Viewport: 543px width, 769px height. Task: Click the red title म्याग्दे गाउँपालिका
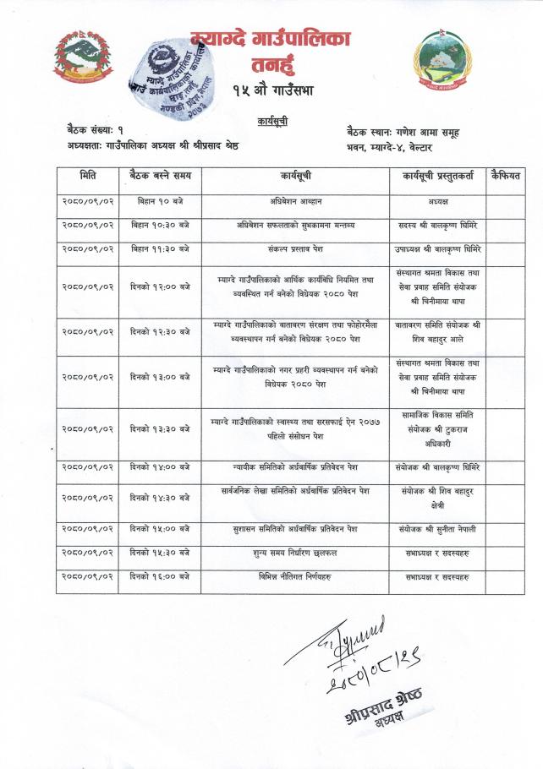(x=271, y=38)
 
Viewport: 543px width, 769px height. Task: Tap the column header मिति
(x=87, y=177)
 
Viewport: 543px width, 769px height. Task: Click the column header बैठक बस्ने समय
(x=161, y=177)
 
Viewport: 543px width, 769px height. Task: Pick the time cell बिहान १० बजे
(x=161, y=202)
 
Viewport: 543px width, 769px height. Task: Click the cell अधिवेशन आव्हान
(x=295, y=202)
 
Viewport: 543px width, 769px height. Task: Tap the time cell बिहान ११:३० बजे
(x=161, y=249)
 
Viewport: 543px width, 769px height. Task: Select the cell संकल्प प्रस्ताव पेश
(x=295, y=249)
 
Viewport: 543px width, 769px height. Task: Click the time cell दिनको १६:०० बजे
(x=161, y=576)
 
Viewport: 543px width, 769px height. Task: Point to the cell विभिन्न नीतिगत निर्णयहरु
(x=295, y=576)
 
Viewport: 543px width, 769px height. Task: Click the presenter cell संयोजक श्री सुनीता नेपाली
(x=437, y=529)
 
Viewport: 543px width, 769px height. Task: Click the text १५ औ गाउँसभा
(x=271, y=90)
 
